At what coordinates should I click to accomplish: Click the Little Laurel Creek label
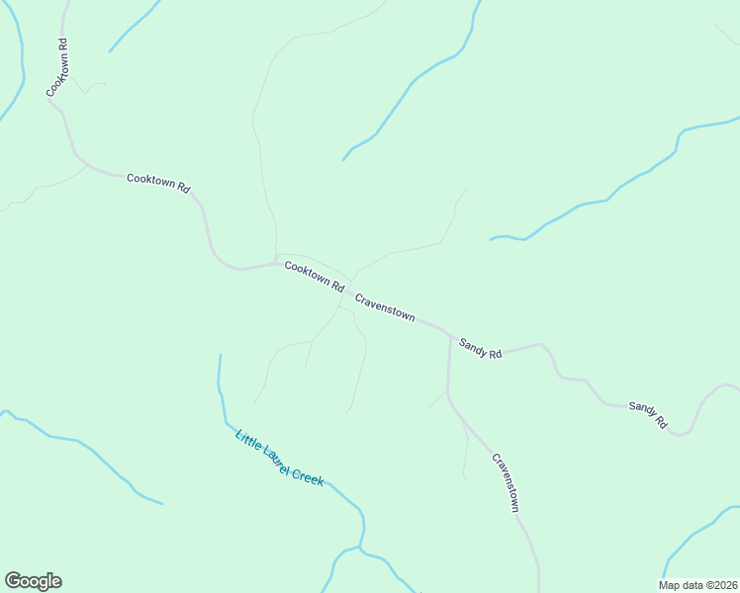click(x=279, y=458)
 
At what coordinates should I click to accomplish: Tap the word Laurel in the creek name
click(x=278, y=458)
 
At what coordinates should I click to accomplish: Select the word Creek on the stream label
click(x=308, y=475)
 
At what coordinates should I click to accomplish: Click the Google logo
click(x=33, y=581)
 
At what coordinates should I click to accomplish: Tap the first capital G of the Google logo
click(x=13, y=580)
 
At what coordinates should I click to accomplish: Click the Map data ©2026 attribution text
click(x=698, y=584)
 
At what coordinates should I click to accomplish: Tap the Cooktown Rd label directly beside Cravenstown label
click(x=314, y=276)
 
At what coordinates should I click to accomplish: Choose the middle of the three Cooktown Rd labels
click(x=158, y=183)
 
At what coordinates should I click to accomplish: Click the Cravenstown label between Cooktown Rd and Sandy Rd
click(x=385, y=306)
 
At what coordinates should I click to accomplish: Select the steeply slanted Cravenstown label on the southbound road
click(x=506, y=482)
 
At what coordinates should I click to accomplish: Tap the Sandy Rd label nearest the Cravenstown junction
click(x=481, y=348)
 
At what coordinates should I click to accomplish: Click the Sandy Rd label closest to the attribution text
click(x=648, y=414)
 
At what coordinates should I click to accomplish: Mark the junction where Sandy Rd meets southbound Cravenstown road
click(x=450, y=337)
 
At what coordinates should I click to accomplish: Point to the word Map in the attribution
click(x=671, y=584)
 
